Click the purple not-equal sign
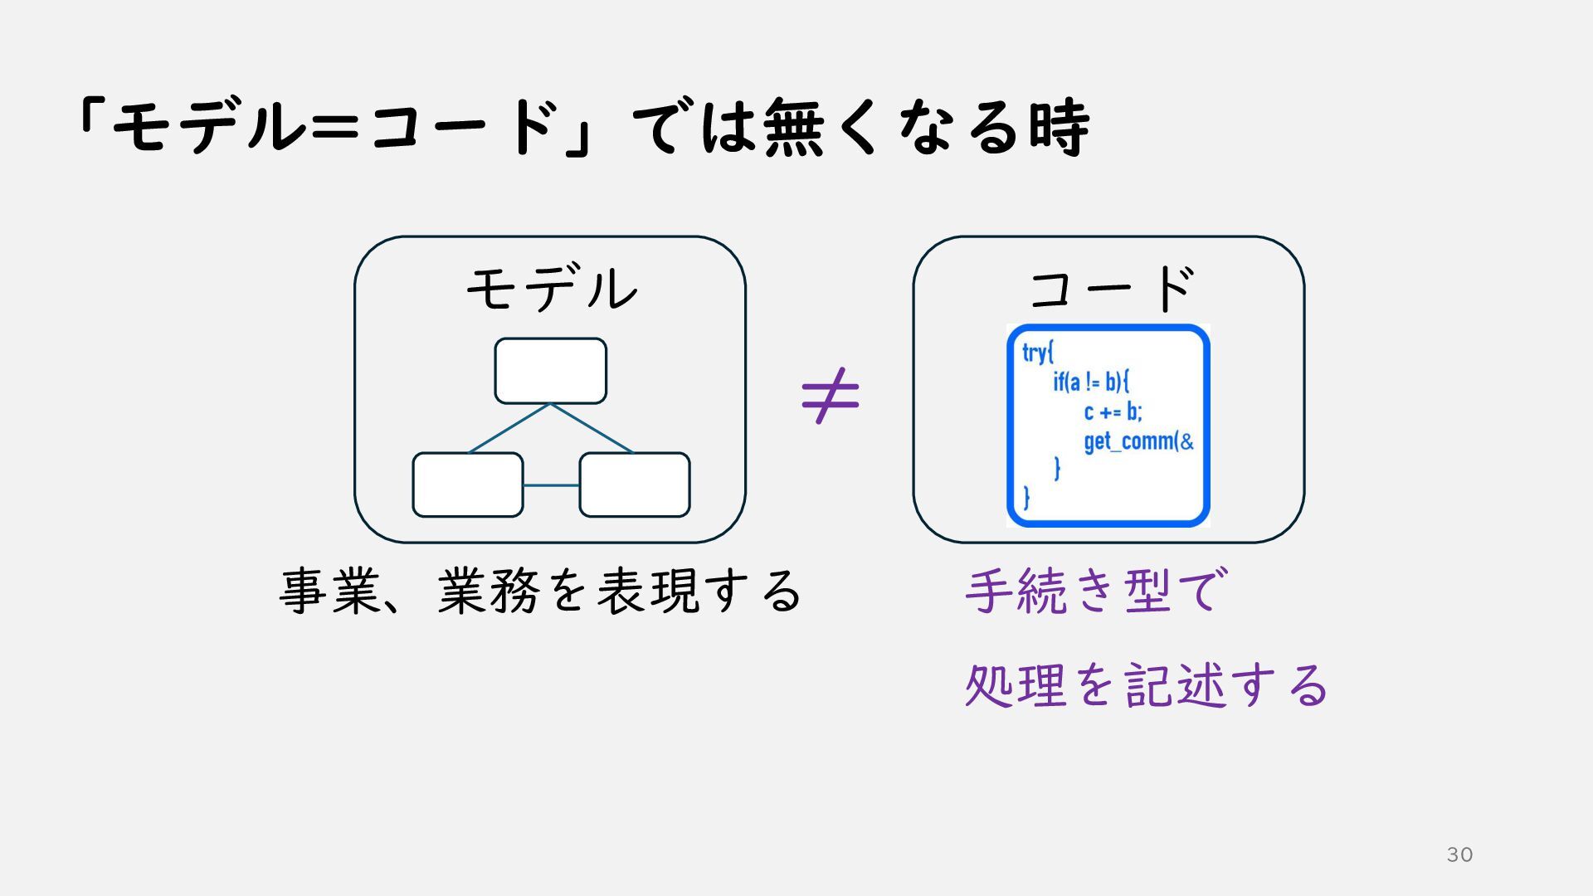[x=831, y=396]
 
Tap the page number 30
[x=1459, y=855]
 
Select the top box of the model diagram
[x=550, y=371]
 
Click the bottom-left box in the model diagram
[x=468, y=485]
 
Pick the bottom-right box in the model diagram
[x=635, y=485]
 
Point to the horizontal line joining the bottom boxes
[x=551, y=485]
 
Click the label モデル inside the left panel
[x=552, y=289]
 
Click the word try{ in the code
[x=1037, y=353]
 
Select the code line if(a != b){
[x=1091, y=382]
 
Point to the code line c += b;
[x=1113, y=411]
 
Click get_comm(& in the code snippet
[x=1138, y=441]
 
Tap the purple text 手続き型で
[x=1093, y=591]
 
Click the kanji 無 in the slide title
[x=794, y=127]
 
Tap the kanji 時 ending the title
[x=1060, y=127]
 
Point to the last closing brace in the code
[x=1027, y=498]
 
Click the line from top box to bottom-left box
[x=509, y=428]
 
